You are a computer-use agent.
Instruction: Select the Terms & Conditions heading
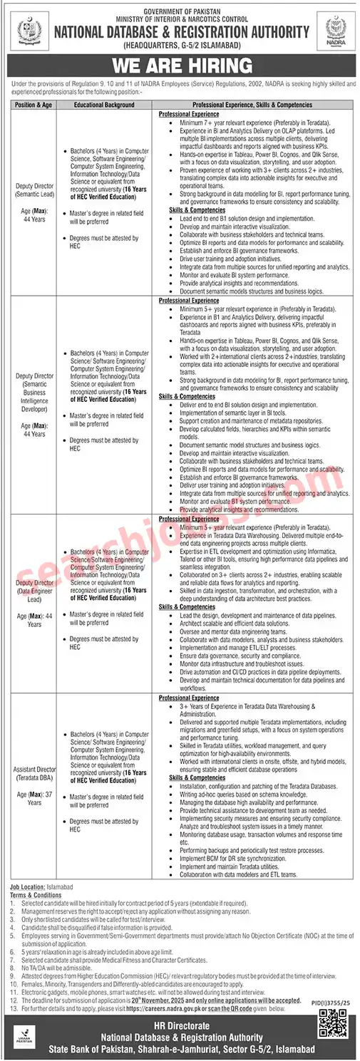click(36, 894)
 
